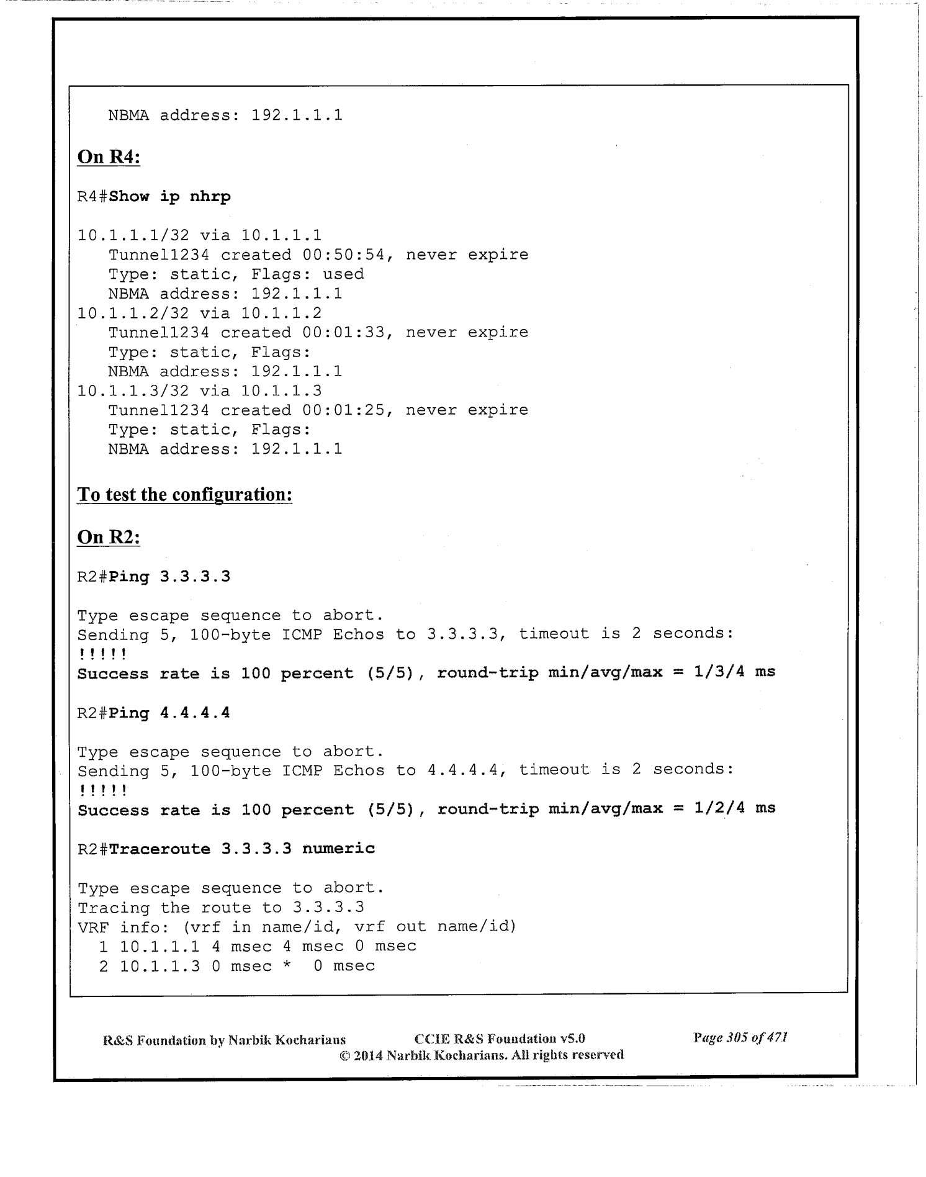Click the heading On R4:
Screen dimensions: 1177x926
109,157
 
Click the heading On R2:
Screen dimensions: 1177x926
109,537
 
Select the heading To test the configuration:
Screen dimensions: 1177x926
184,495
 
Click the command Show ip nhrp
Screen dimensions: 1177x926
169,197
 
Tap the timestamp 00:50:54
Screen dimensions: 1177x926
348,255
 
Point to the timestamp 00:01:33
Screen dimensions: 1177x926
348,333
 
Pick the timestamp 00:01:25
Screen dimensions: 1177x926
348,410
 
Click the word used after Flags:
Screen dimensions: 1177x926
343,274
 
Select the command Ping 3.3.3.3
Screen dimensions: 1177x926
169,577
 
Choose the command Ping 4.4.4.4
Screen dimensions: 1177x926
169,713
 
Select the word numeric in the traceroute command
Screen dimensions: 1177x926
339,849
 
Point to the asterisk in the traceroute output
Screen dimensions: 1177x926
287,967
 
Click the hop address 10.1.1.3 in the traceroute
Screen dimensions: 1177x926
160,966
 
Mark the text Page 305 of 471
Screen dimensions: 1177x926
740,1037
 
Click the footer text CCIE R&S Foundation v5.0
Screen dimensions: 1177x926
500,1039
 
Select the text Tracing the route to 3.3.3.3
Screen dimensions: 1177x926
221,908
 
